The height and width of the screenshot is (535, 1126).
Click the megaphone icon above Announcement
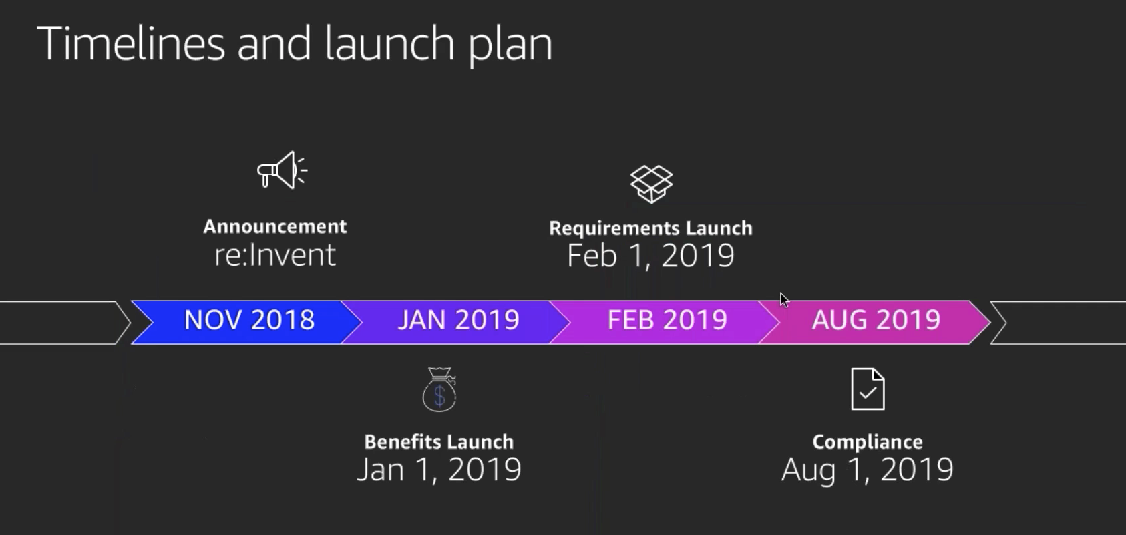[x=282, y=170]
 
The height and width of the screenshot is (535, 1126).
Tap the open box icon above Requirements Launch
[x=651, y=184]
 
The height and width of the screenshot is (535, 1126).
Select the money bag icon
[x=439, y=389]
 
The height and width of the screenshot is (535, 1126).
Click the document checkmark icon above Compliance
[x=868, y=389]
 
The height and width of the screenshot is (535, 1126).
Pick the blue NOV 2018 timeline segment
[x=246, y=323]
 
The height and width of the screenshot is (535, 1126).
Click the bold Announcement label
[x=275, y=227]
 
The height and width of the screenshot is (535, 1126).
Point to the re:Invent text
[x=275, y=255]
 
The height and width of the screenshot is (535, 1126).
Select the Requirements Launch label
[x=651, y=228]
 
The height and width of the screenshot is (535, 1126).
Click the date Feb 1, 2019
[x=651, y=256]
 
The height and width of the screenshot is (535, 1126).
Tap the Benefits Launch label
[x=439, y=442]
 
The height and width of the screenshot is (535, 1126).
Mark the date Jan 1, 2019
[x=439, y=470]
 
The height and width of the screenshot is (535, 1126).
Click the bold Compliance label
[x=868, y=442]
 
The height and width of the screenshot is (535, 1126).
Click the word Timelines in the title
[x=131, y=43]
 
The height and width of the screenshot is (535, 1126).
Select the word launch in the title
[x=390, y=43]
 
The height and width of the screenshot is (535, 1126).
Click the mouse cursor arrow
[x=784, y=300]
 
